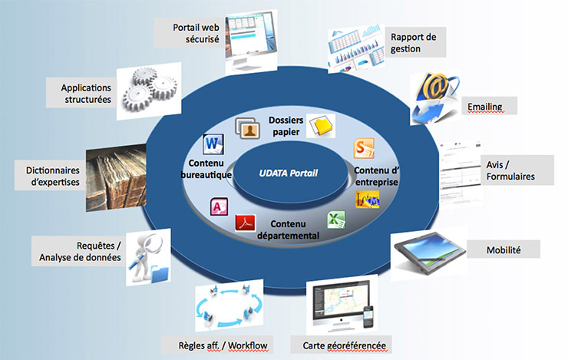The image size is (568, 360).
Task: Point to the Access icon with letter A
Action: [217, 207]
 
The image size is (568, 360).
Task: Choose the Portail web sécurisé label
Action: [196, 31]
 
